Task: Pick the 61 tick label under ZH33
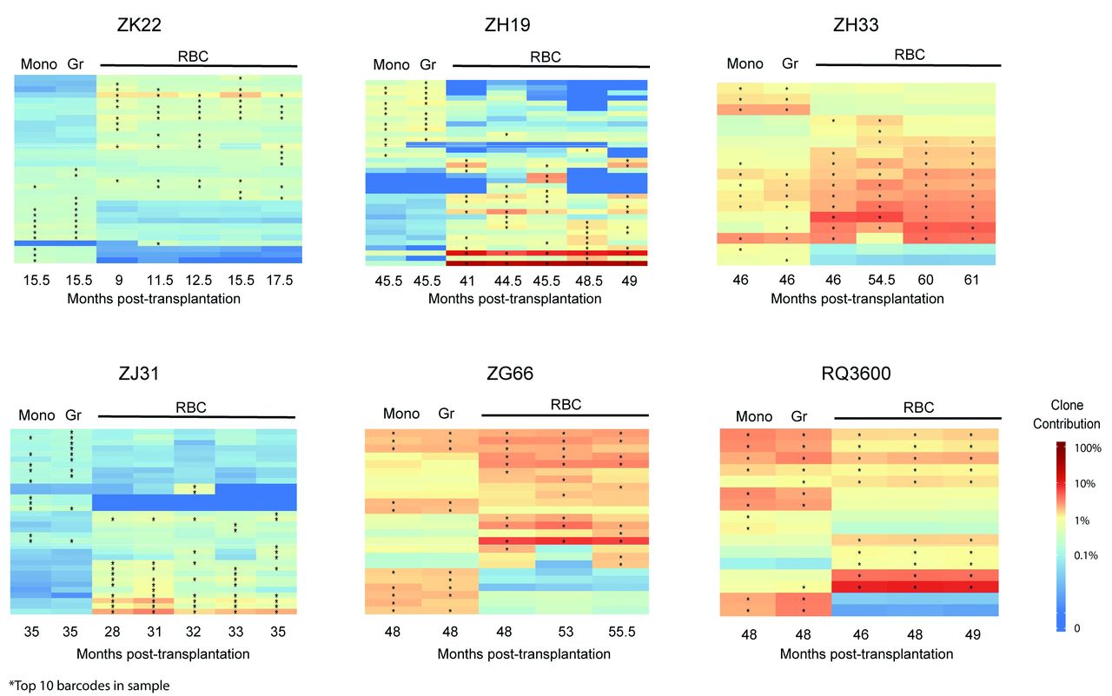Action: tap(971, 281)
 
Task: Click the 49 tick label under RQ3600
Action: tap(972, 635)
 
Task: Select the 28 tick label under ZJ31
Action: tap(112, 635)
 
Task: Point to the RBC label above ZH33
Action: tap(909, 54)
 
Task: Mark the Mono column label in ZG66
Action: tap(400, 414)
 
